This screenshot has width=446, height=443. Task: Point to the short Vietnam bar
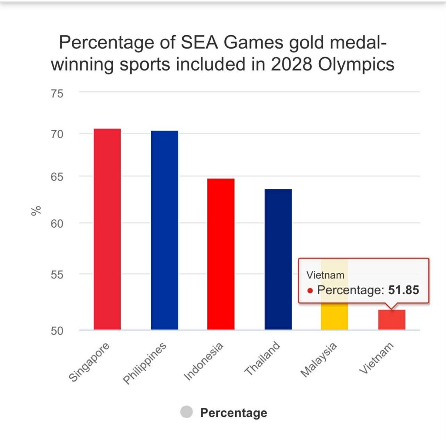(x=392, y=320)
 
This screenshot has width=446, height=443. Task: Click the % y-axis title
(x=36, y=210)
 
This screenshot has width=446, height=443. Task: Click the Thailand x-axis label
(x=263, y=359)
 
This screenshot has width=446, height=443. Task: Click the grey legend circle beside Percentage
(x=186, y=412)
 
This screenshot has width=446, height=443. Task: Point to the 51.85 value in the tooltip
(x=403, y=290)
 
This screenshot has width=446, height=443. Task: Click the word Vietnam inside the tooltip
(x=325, y=275)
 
